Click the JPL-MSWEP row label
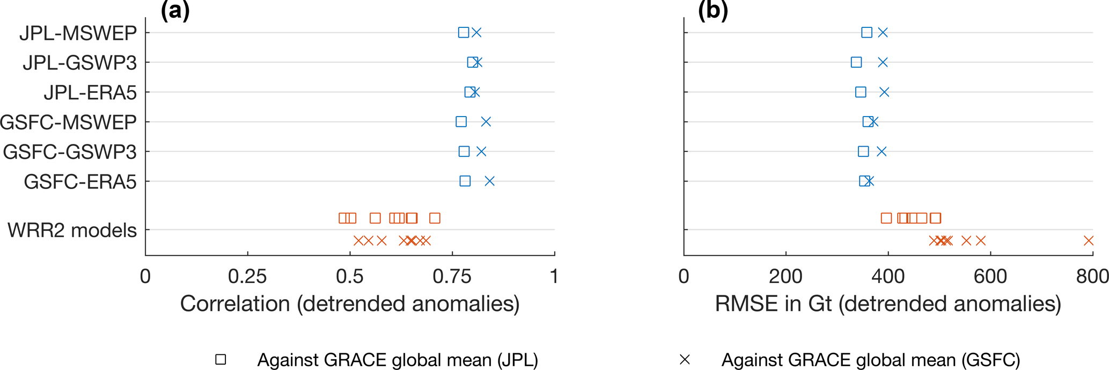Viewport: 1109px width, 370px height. coord(78,33)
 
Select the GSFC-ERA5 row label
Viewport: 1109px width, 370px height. coord(80,182)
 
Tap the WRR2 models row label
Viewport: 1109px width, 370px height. coord(72,230)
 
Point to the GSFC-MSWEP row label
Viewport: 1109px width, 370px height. coord(68,122)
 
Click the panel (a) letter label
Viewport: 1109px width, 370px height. coord(175,10)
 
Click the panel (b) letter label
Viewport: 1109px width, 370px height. coord(713,10)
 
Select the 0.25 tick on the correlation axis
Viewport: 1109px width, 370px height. coord(247,277)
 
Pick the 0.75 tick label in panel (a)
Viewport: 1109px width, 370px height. coord(452,277)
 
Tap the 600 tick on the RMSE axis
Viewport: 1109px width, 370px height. coord(990,277)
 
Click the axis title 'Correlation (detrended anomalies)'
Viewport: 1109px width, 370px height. coord(350,304)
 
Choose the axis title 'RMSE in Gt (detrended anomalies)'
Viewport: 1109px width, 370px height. coord(888,304)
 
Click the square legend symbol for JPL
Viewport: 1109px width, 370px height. coord(221,360)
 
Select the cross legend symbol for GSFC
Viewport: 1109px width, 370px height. coord(685,360)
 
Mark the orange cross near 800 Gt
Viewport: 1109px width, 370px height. coord(1089,241)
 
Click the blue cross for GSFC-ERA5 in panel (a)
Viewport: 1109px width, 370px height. coord(489,182)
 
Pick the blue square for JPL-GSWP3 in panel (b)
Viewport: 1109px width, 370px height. coord(856,62)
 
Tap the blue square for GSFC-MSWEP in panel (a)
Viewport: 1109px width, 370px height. coord(461,122)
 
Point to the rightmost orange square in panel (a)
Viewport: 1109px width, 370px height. coord(435,218)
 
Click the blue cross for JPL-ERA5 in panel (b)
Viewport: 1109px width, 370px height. coord(884,92)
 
